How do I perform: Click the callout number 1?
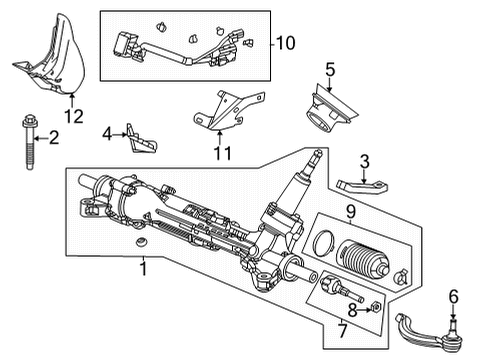pos(142,268)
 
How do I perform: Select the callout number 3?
pos(365,161)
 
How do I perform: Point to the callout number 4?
pos(106,133)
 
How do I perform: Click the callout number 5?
pos(329,70)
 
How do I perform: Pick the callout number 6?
pos(453,295)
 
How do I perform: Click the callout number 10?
pos(285,43)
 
